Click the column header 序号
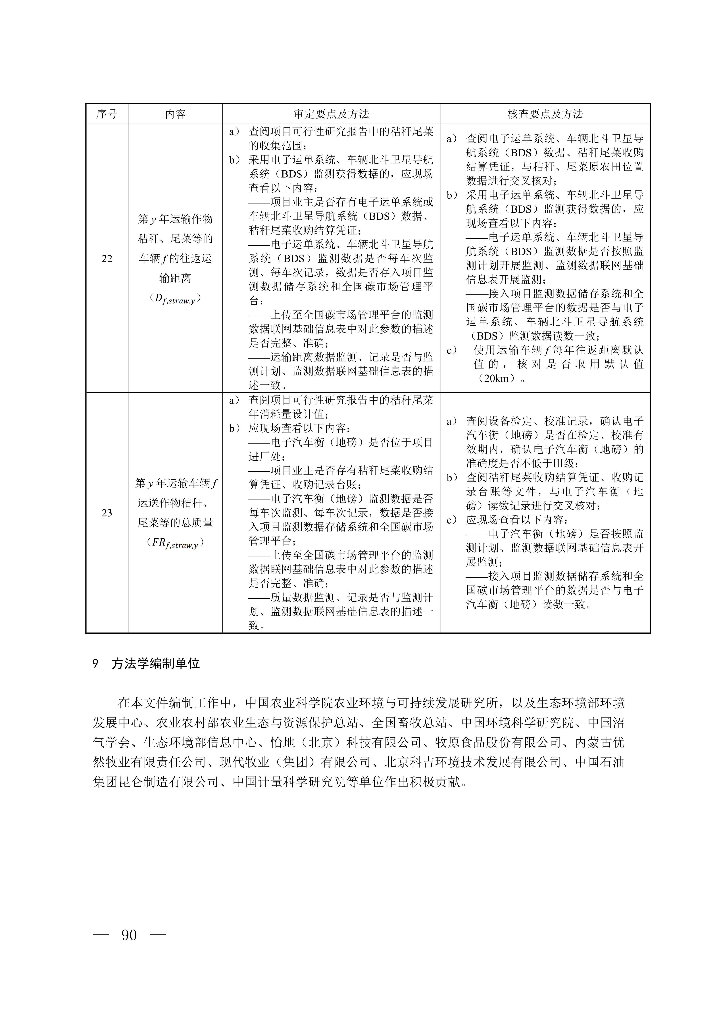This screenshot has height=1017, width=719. (107, 114)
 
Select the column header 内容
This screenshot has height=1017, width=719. (175, 114)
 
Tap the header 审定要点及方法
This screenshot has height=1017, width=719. (331, 114)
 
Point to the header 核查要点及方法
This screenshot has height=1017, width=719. (545, 114)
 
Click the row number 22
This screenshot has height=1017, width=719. (107, 259)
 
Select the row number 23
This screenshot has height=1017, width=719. (107, 513)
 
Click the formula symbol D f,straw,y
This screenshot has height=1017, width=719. (175, 299)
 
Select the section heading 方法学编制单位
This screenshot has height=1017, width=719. (156, 664)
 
